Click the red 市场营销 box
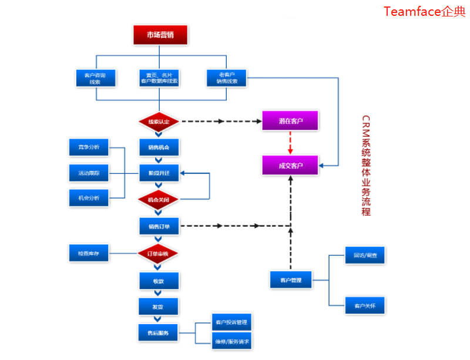click(x=160, y=35)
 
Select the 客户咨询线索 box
click(x=95, y=78)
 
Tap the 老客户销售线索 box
click(x=227, y=78)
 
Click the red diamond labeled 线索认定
click(x=159, y=122)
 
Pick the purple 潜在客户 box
click(x=290, y=121)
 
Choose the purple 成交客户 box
click(x=290, y=166)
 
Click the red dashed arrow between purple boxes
click(x=290, y=143)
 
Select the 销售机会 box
click(x=159, y=147)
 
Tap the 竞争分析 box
click(x=89, y=147)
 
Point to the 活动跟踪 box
click(x=89, y=173)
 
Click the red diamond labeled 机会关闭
click(x=159, y=200)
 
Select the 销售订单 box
click(x=159, y=226)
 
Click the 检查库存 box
click(x=89, y=254)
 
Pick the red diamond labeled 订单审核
click(x=159, y=254)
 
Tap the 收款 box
click(x=159, y=281)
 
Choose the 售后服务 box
click(x=159, y=333)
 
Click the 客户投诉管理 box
click(x=231, y=322)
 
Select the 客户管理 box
click(x=290, y=280)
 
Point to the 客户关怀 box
click(x=365, y=306)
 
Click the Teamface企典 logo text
click(x=424, y=11)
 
